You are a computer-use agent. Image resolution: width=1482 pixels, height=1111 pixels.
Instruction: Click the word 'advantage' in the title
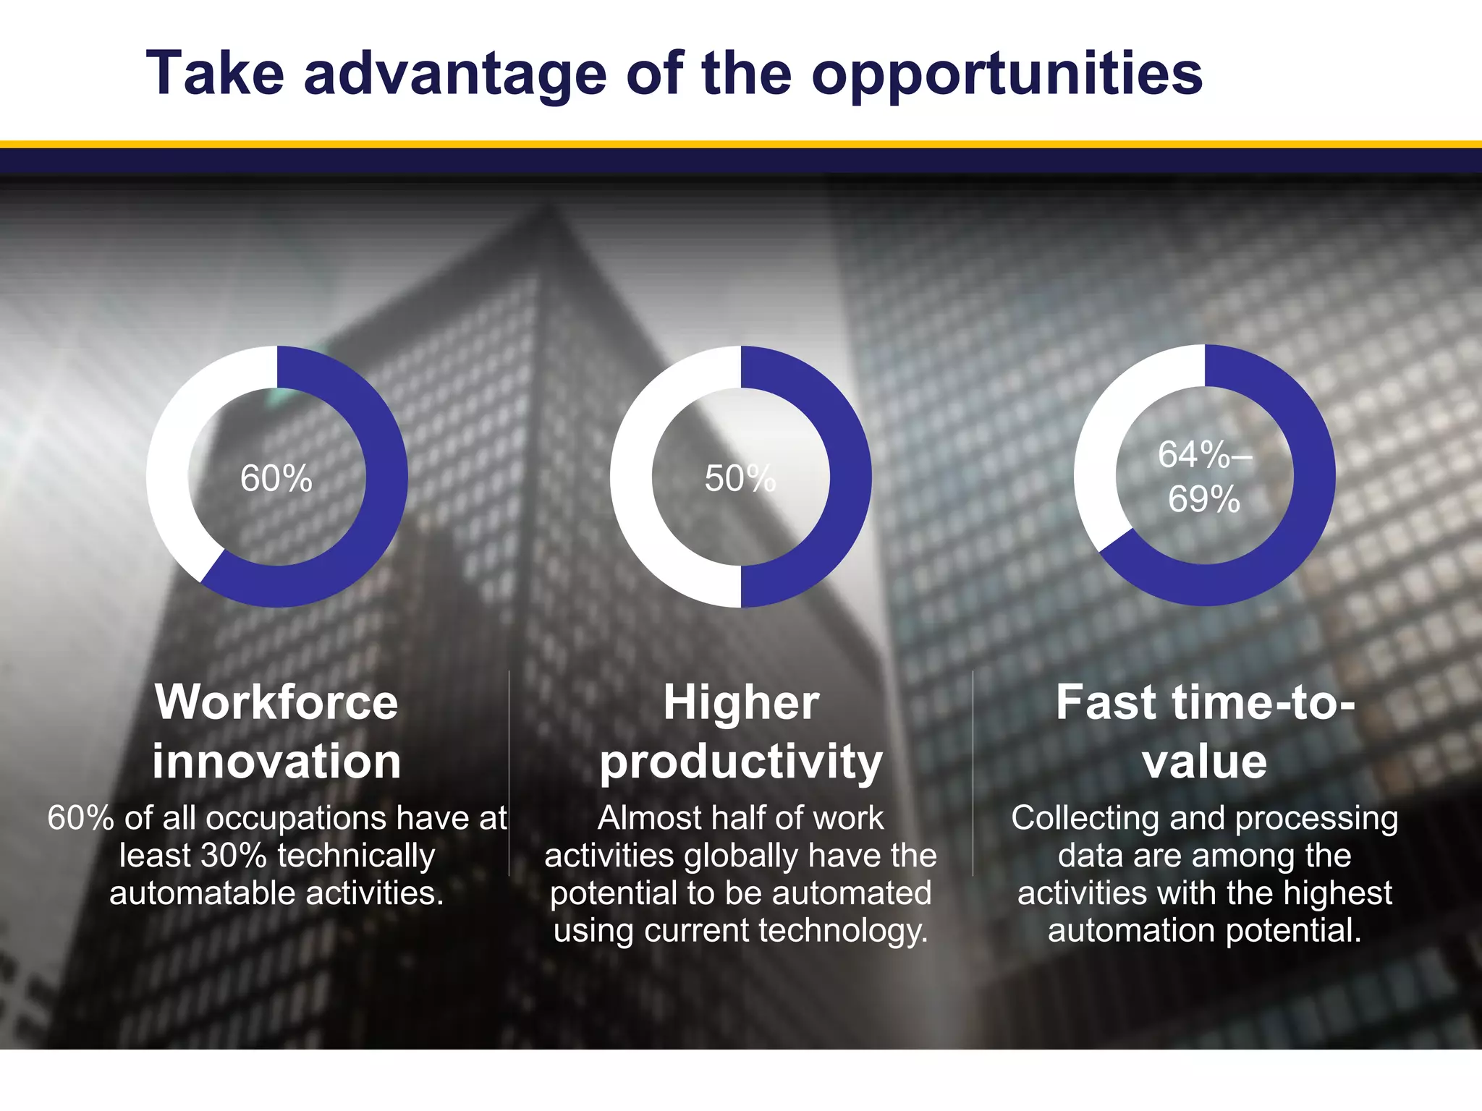point(454,75)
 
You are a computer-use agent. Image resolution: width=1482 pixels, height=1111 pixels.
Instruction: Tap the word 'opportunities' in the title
point(1007,75)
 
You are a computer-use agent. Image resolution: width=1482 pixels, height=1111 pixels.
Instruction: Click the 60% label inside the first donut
point(276,479)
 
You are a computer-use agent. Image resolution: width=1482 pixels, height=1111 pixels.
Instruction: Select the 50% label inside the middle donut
point(740,479)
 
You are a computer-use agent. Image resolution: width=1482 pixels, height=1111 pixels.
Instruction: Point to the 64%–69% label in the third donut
point(1204,477)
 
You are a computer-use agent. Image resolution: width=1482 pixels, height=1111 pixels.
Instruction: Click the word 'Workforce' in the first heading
point(276,702)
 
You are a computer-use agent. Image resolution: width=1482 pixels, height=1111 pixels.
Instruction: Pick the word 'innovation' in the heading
point(276,762)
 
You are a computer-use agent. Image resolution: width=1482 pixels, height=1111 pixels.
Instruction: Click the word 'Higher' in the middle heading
point(741,702)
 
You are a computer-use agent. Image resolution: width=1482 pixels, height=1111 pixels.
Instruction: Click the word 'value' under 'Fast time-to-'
point(1205,762)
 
